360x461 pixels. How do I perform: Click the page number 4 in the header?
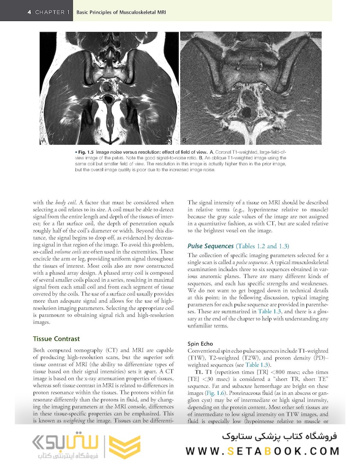tap(29, 12)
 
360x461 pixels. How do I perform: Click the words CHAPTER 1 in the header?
tap(52, 12)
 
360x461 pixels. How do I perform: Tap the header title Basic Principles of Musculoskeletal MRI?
tap(121, 12)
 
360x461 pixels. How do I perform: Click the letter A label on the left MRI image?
tap(44, 140)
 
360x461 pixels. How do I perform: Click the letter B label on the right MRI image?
tap(184, 140)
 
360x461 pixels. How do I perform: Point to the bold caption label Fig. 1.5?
tap(84, 152)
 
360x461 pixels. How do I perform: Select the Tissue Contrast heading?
tap(56, 339)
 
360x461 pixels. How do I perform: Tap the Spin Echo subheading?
tap(200, 344)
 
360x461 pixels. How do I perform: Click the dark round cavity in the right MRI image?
tap(247, 113)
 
